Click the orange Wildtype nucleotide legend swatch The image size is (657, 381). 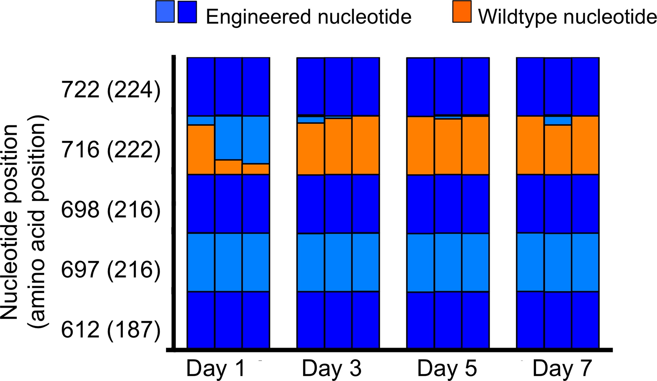(x=462, y=12)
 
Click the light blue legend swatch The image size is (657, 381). (x=165, y=12)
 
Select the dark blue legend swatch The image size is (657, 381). (x=187, y=12)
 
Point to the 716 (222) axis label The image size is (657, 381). (x=111, y=150)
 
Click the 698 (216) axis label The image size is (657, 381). (x=111, y=210)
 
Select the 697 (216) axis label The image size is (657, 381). (x=111, y=269)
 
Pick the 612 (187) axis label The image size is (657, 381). (x=111, y=329)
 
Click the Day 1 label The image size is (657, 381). (x=216, y=369)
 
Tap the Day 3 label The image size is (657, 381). (x=331, y=369)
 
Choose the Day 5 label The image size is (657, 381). (x=447, y=369)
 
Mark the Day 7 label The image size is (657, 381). (x=562, y=369)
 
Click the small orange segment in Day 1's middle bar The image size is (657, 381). (x=228, y=167)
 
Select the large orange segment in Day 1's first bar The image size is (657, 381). (x=201, y=149)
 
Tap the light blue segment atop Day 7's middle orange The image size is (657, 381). (x=558, y=121)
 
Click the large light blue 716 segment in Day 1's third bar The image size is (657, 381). (x=256, y=140)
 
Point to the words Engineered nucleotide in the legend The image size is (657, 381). (x=308, y=16)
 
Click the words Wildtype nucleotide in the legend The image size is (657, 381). (x=567, y=16)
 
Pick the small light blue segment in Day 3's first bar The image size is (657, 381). (x=311, y=120)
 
